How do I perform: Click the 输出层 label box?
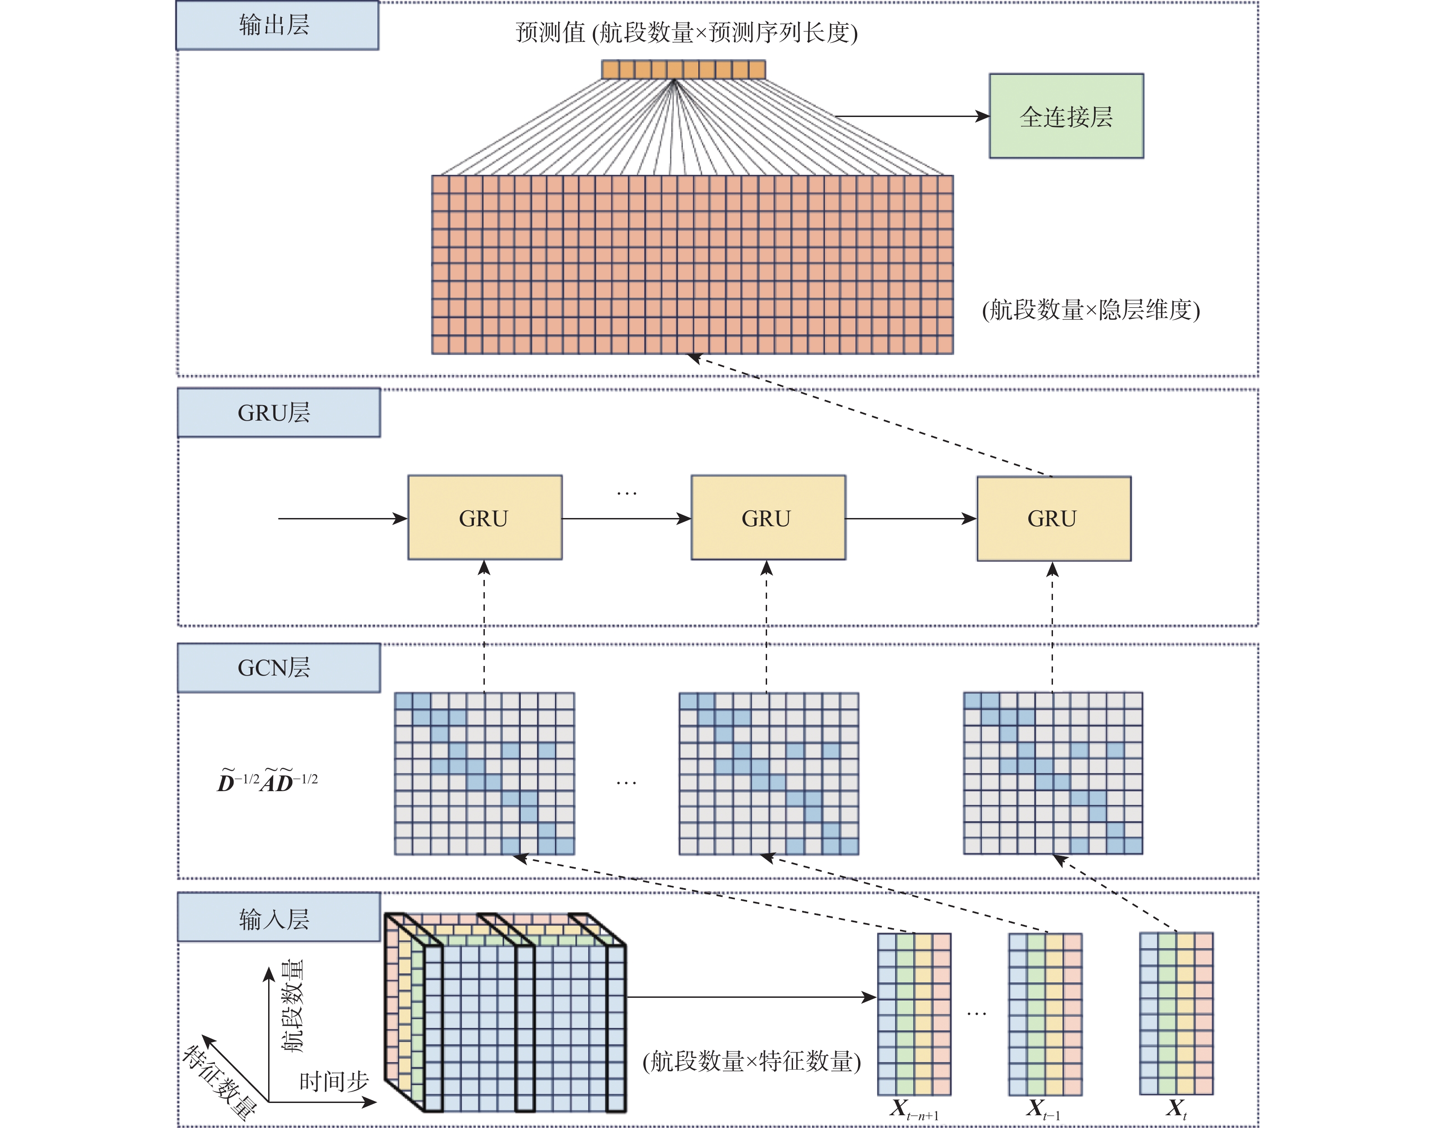(277, 25)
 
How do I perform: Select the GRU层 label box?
(278, 412)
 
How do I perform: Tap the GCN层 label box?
(278, 668)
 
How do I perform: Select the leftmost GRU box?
(485, 518)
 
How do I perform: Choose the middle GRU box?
(768, 518)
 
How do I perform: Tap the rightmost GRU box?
(1053, 518)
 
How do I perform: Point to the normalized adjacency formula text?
(268, 781)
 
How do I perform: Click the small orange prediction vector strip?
(683, 69)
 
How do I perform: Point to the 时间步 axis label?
(334, 1081)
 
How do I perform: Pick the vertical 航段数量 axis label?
(293, 1006)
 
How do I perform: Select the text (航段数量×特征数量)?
(752, 1061)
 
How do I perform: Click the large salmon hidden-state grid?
(692, 264)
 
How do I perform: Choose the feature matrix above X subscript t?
(1176, 1013)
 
